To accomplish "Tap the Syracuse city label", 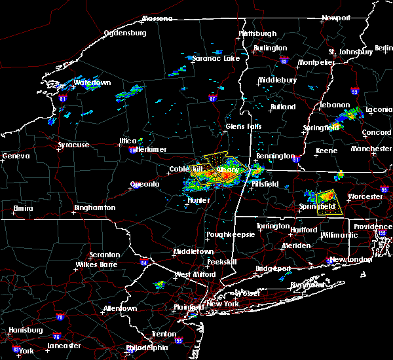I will [x=73, y=145].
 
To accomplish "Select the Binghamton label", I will [x=94, y=207].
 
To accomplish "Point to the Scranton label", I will [x=105, y=255].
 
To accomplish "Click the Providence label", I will [x=373, y=226].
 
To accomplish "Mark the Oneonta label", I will [x=144, y=184].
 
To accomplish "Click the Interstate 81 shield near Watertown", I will [x=63, y=98].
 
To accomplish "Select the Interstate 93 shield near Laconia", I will [x=354, y=92].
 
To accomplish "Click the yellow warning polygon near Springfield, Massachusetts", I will [x=326, y=202].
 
